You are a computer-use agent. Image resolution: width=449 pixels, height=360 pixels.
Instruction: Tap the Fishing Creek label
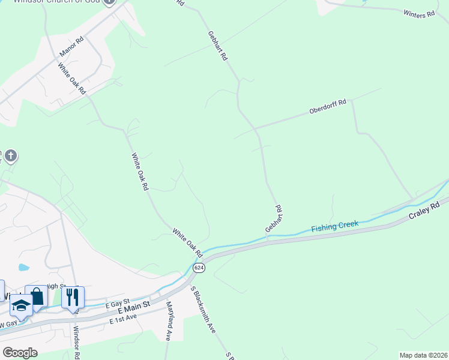(335, 227)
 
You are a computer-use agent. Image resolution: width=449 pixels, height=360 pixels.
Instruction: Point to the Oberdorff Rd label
(328, 107)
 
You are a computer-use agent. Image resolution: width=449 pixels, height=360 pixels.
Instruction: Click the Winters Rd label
(419, 14)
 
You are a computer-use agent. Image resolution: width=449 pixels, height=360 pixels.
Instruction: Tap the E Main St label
(133, 309)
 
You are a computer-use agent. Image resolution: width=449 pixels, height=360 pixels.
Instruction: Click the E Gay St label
(118, 305)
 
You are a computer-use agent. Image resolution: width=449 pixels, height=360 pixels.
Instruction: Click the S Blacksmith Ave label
(203, 310)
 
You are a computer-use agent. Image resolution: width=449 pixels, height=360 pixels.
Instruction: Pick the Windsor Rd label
(76, 342)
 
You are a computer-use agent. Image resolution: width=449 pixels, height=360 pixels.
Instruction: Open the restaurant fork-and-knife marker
(73, 297)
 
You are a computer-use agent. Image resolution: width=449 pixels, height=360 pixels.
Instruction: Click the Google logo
(20, 353)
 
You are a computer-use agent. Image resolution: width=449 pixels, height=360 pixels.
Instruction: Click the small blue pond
(23, 267)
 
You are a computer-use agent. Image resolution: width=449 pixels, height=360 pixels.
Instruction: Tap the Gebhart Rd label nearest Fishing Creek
(274, 219)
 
